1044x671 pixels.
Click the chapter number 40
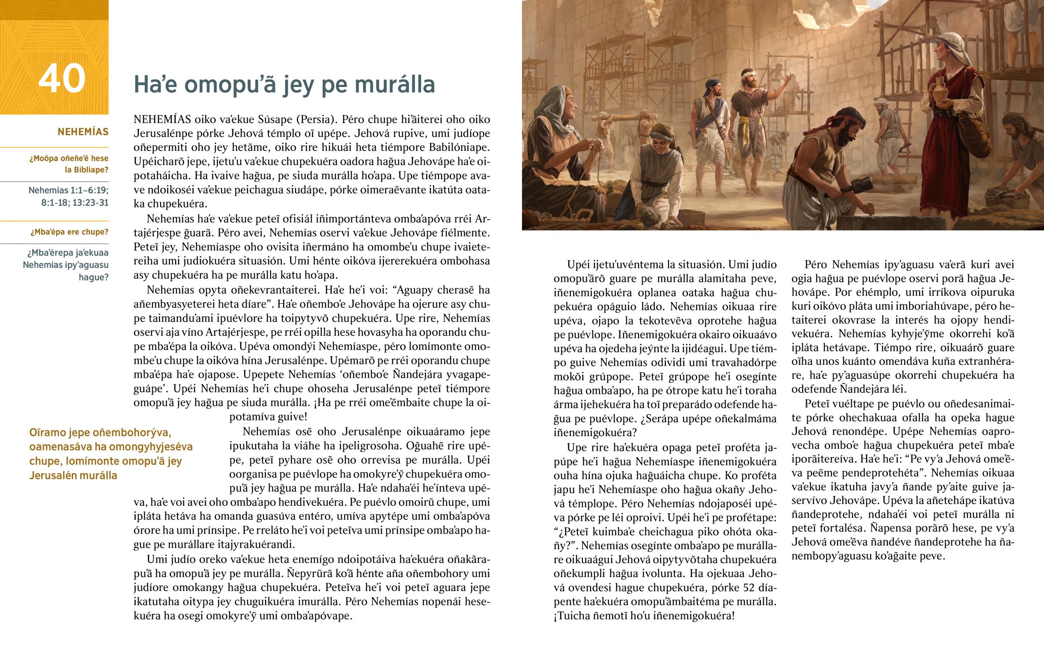pos(61,79)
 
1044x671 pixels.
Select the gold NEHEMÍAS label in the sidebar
pos(83,132)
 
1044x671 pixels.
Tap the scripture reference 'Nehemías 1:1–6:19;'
pos(68,190)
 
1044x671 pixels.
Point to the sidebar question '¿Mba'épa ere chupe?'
pos(69,232)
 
